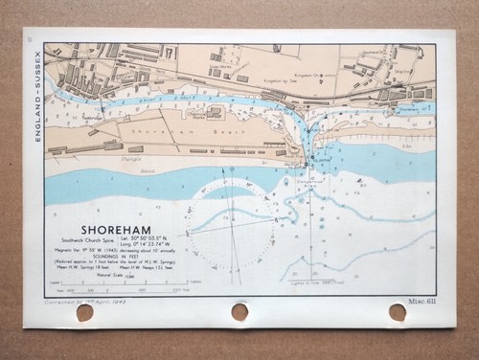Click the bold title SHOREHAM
[116, 231]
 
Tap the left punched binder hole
[84, 312]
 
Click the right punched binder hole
[397, 311]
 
